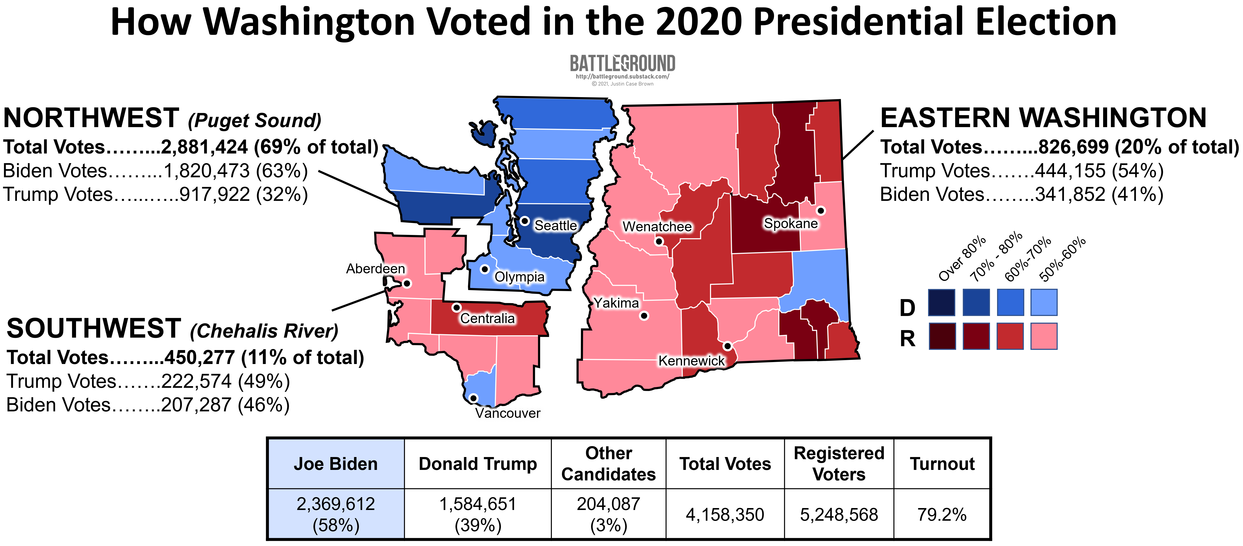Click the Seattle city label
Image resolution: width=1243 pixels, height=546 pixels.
click(x=555, y=226)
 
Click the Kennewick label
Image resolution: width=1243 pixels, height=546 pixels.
click(x=691, y=361)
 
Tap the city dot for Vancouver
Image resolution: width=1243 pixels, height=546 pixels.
click(x=473, y=398)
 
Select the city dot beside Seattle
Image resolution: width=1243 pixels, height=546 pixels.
click(x=524, y=221)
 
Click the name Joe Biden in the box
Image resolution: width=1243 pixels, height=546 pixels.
click(x=336, y=464)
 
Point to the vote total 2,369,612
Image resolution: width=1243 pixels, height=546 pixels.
click(x=336, y=504)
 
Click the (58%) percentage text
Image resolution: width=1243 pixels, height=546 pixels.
click(x=336, y=525)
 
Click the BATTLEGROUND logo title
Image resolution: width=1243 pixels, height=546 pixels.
click(x=623, y=63)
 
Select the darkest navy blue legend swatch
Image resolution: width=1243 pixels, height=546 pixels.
click(x=941, y=302)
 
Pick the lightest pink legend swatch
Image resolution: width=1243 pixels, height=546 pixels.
click(x=1044, y=336)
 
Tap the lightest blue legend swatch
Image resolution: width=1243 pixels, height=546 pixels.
click(x=1044, y=302)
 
